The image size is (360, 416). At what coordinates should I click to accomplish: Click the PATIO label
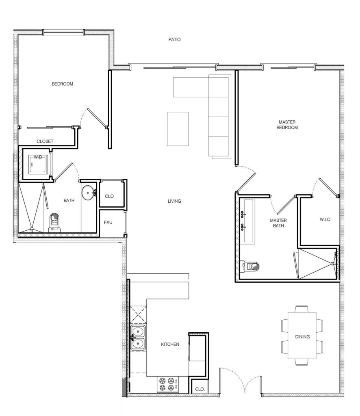(174, 40)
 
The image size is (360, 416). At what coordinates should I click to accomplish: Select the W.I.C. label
(326, 220)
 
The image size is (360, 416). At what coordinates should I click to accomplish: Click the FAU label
(108, 222)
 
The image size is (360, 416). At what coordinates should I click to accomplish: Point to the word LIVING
(174, 201)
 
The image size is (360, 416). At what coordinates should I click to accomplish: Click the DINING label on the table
(302, 336)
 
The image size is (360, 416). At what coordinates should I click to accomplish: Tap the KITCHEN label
(170, 344)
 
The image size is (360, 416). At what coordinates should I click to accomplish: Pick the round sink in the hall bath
(88, 193)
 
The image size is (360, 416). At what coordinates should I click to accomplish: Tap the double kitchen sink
(139, 338)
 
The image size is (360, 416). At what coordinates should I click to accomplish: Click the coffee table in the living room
(178, 129)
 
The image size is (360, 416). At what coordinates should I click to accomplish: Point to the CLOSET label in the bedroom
(45, 141)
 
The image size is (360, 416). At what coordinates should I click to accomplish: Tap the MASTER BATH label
(278, 223)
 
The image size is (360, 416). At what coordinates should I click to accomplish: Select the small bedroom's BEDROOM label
(62, 84)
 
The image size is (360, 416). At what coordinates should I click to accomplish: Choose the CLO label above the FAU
(109, 196)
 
